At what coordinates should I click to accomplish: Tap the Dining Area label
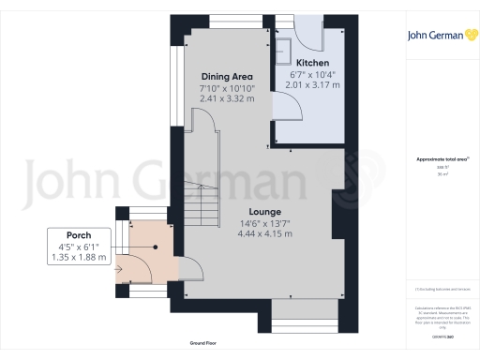pyautogui.click(x=226, y=77)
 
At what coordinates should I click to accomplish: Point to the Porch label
pyautogui.click(x=79, y=235)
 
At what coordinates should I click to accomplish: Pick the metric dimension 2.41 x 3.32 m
pyautogui.click(x=226, y=98)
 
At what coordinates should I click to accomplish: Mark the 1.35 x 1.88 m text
pyautogui.click(x=79, y=257)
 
